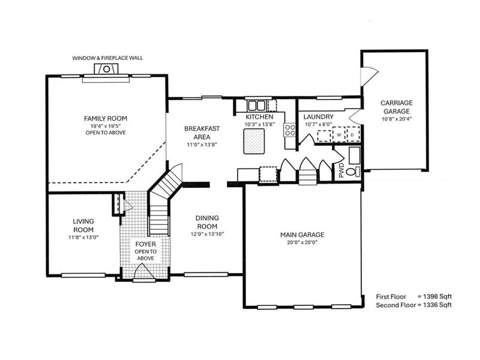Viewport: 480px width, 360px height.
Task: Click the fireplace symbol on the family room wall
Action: pyautogui.click(x=106, y=68)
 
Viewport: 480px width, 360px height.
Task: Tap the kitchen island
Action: pyautogui.click(x=254, y=141)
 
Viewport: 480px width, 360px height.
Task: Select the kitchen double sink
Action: pyautogui.click(x=256, y=106)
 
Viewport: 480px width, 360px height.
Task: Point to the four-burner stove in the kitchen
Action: pyautogui.click(x=290, y=130)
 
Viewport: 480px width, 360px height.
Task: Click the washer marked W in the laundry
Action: pyautogui.click(x=339, y=134)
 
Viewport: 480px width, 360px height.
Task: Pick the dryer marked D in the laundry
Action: pyautogui.click(x=352, y=134)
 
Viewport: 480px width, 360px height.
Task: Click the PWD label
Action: pyautogui.click(x=341, y=170)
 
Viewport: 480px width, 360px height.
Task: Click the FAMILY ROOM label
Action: pyautogui.click(x=106, y=118)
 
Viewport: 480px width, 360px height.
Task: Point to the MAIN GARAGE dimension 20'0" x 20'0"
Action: pyautogui.click(x=302, y=242)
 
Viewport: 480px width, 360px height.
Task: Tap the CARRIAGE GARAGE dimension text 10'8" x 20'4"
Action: pyautogui.click(x=397, y=119)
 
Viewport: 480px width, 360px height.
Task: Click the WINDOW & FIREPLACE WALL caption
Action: pyautogui.click(x=107, y=58)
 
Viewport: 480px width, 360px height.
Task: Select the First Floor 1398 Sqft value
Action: pyautogui.click(x=434, y=296)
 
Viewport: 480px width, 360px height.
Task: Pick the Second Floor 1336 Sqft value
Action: pyautogui.click(x=434, y=305)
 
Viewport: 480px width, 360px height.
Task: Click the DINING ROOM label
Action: pyautogui.click(x=207, y=222)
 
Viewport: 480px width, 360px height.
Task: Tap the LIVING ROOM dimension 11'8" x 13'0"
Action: pyautogui.click(x=83, y=237)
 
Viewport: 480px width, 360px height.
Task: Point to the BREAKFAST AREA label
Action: pyautogui.click(x=202, y=133)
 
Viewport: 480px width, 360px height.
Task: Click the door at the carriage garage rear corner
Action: pyautogui.click(x=369, y=77)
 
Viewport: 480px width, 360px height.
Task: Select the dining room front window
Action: pyautogui.click(x=206, y=274)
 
